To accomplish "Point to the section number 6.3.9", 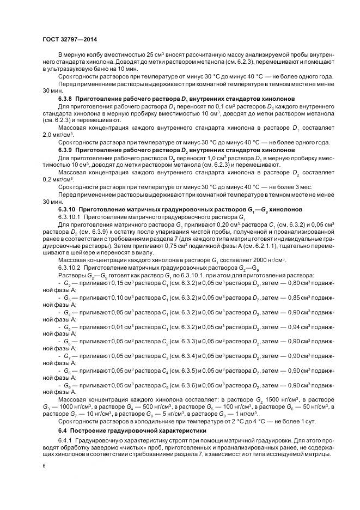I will (68, 149).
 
